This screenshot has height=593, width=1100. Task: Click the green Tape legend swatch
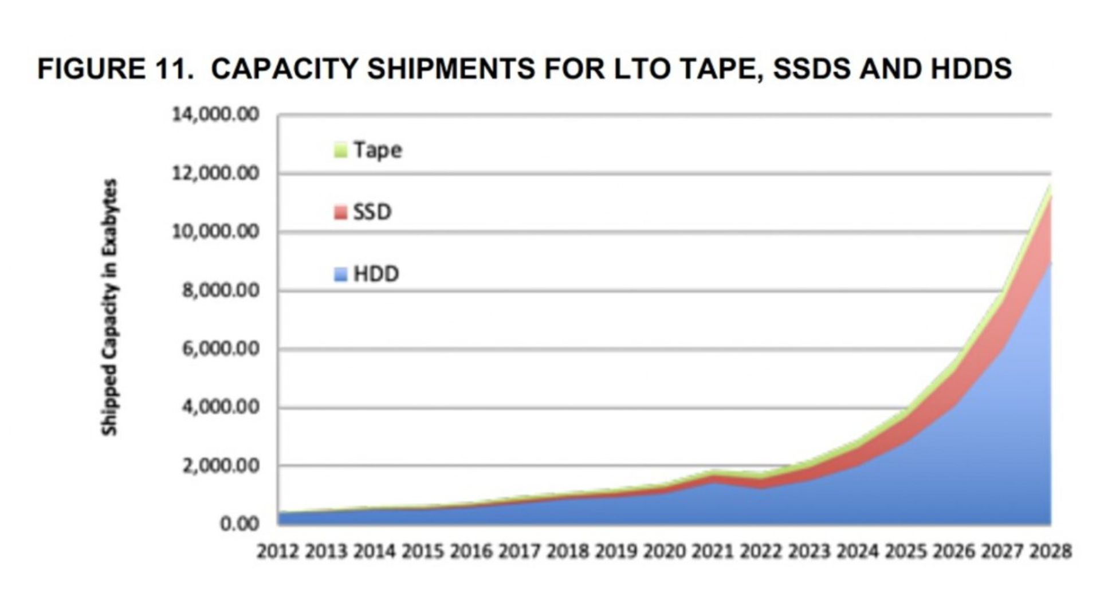[340, 150]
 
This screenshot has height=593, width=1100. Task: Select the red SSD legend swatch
[340, 213]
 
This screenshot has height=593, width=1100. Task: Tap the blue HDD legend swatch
[340, 274]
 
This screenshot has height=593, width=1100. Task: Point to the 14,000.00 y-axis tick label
[215, 115]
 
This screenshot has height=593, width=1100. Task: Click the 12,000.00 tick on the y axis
[215, 173]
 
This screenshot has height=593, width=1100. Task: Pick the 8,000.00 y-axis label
[221, 290]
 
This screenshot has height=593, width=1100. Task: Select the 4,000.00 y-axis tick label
[221, 407]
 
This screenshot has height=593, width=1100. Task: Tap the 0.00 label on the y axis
[239, 524]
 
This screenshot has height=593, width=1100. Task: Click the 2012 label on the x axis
[278, 551]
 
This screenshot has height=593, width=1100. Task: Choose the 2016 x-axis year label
[471, 551]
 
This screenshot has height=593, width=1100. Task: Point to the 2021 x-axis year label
[713, 551]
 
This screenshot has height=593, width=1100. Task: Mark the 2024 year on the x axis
[858, 551]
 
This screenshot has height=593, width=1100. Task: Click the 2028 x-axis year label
[1051, 551]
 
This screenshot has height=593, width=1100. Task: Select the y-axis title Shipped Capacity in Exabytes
[109, 307]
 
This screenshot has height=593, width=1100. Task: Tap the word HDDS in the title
[971, 69]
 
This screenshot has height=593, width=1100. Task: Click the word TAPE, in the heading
[723, 69]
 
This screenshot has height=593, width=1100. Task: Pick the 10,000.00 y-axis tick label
[215, 232]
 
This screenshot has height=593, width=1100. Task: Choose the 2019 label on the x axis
[616, 551]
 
